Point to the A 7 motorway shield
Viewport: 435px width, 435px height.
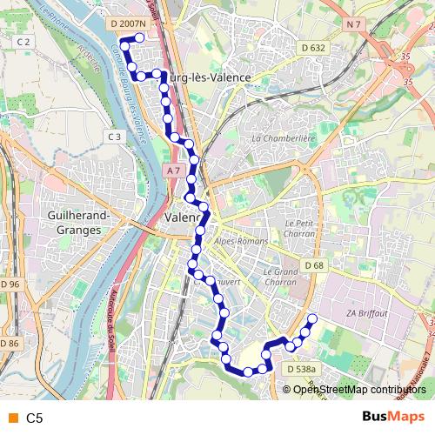coord(173,171)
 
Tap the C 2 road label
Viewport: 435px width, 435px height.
coord(23,42)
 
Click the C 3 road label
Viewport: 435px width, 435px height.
coord(114,137)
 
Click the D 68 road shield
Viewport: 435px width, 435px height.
coord(314,264)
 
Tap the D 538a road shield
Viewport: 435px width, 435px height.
coord(300,369)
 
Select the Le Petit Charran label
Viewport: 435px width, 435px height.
coord(298,228)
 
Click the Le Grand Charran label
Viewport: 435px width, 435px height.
coord(279,276)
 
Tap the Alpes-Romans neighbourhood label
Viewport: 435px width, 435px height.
coord(238,242)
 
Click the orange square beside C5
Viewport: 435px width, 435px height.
coord(10,418)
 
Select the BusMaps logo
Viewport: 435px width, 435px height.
coord(393,418)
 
